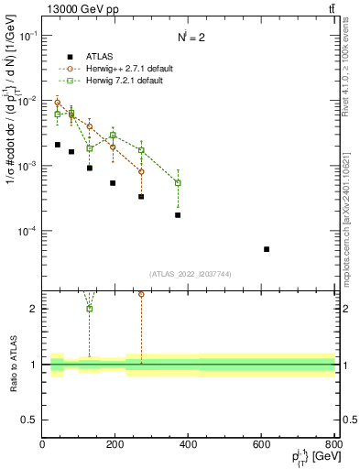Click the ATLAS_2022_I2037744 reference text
(x=189, y=274)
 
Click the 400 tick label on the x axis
(x=189, y=444)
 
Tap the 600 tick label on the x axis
(x=261, y=444)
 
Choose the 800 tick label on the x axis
(x=333, y=444)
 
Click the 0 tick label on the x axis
(x=42, y=444)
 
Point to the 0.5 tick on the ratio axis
(x=30, y=420)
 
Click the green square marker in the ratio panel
(x=90, y=309)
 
